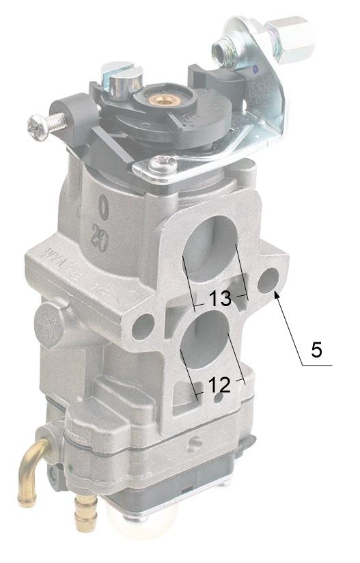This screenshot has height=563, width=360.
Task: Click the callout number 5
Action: [x=316, y=349]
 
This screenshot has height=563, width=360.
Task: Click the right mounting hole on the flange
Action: [x=268, y=278]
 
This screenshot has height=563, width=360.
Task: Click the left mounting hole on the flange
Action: [x=142, y=327]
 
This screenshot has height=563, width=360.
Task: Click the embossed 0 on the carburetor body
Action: [x=104, y=206]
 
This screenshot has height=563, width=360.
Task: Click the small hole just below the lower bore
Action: [x=218, y=398]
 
